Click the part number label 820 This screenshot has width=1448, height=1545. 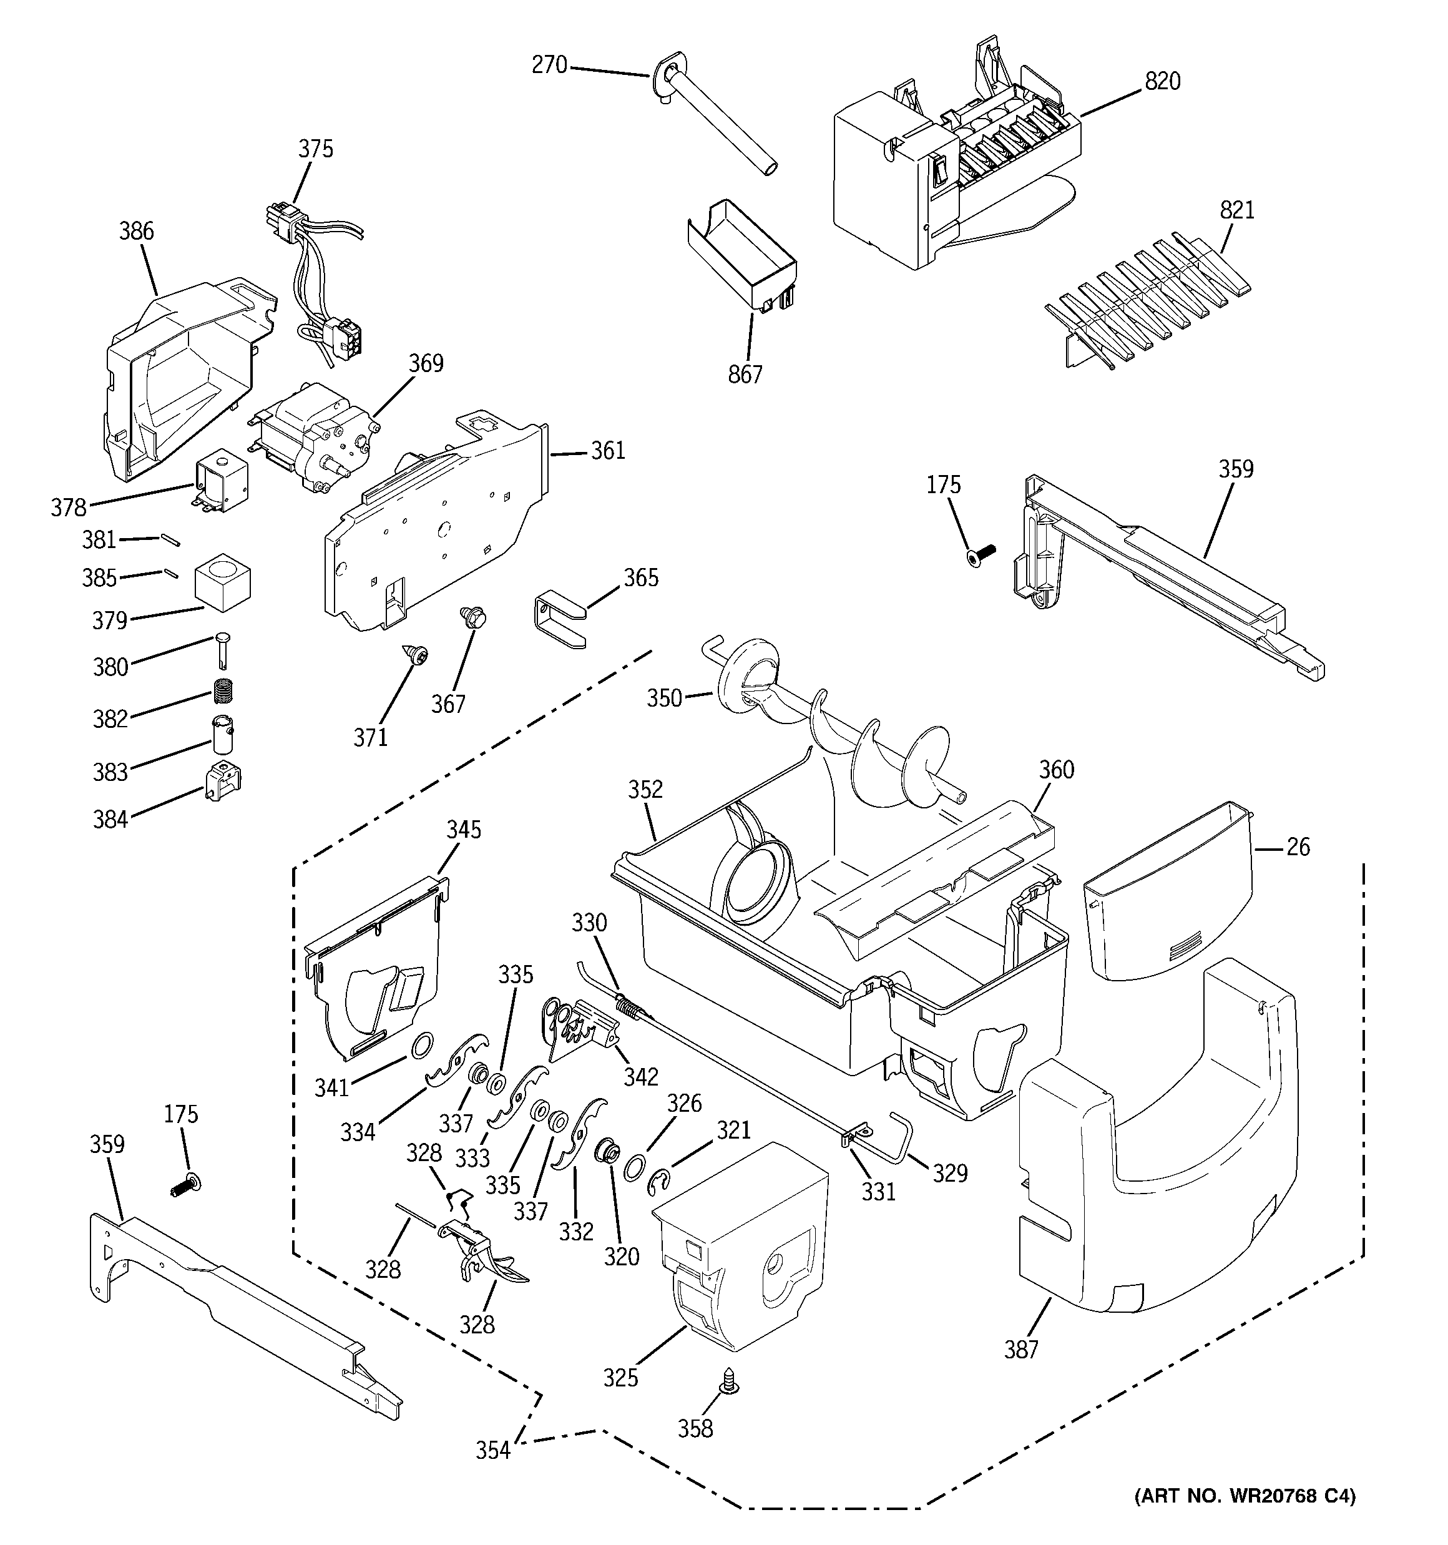pos(1162,81)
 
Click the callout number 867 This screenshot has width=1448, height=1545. pos(745,375)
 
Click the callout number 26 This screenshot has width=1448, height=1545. pos(1297,846)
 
